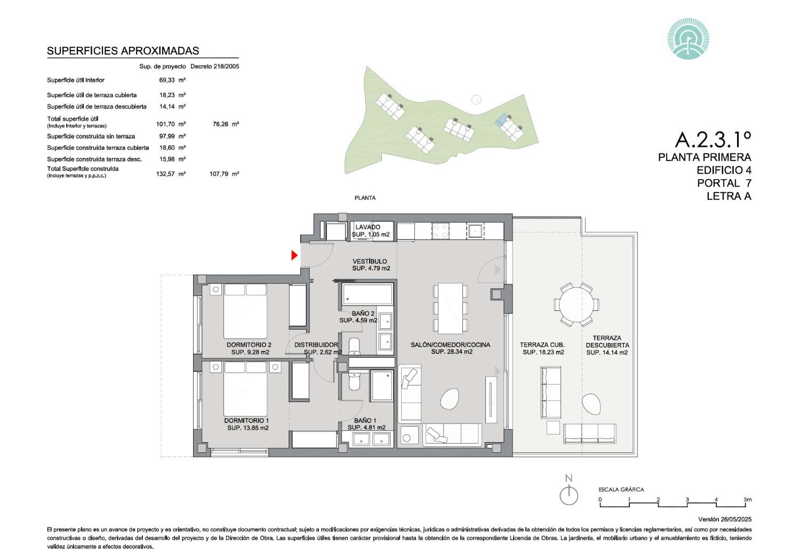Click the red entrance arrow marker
(x=294, y=255)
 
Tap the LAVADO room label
(x=368, y=227)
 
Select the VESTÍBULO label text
(x=370, y=261)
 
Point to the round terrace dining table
(x=577, y=305)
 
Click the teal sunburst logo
(x=688, y=38)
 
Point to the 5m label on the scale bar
(x=748, y=500)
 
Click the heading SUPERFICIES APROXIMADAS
(x=123, y=51)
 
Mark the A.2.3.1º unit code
(x=713, y=139)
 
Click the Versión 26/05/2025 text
(x=725, y=519)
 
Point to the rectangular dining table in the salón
(x=450, y=308)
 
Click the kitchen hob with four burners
(x=441, y=230)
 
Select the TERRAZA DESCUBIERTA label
(x=607, y=341)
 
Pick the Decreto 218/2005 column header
(x=214, y=67)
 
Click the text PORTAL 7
(x=724, y=183)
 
